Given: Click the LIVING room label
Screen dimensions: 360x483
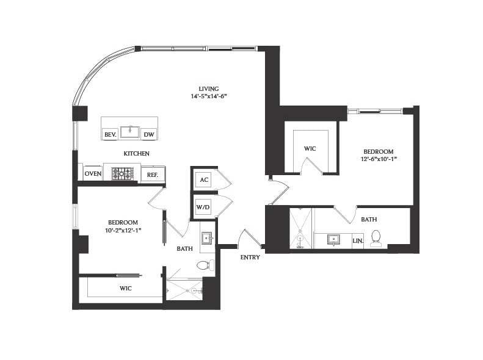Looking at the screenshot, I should (x=208, y=88).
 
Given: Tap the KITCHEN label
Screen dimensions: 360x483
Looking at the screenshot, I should (x=137, y=154).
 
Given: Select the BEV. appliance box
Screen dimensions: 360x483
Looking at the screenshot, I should (x=111, y=134).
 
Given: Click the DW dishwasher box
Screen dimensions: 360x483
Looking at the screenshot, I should (x=149, y=134).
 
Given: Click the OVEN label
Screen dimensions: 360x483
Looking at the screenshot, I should (x=93, y=174).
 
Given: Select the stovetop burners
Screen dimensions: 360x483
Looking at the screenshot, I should (x=122, y=173).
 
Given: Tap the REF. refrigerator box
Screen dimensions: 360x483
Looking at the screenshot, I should (x=153, y=175).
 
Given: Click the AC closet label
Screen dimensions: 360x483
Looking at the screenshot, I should (x=204, y=180).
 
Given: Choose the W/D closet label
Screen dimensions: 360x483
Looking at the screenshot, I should (x=203, y=207).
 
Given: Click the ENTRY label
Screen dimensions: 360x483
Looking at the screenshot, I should (x=250, y=257).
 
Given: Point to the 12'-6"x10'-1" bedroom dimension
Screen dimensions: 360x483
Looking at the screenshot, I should (x=379, y=159).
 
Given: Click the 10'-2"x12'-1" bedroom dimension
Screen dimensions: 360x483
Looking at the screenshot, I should (x=123, y=230).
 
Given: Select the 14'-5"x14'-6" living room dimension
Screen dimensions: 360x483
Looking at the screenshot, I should (x=208, y=96).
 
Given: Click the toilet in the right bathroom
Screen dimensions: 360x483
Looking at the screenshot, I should (x=376, y=239).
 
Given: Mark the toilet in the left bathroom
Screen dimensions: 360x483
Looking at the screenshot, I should (x=204, y=265).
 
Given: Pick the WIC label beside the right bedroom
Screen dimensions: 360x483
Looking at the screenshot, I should (x=310, y=148).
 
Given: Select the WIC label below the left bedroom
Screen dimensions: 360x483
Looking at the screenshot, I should (x=126, y=288).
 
